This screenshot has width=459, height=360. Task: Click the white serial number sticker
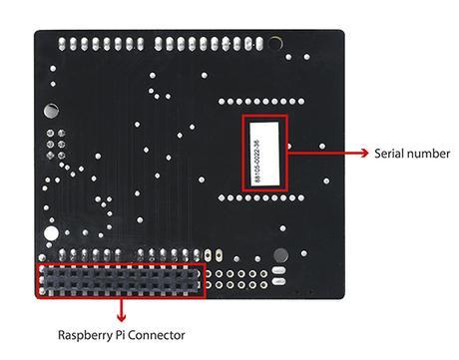[264, 154]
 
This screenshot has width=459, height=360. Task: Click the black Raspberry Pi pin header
[121, 280]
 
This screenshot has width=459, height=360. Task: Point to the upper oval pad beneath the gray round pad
[282, 271]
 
